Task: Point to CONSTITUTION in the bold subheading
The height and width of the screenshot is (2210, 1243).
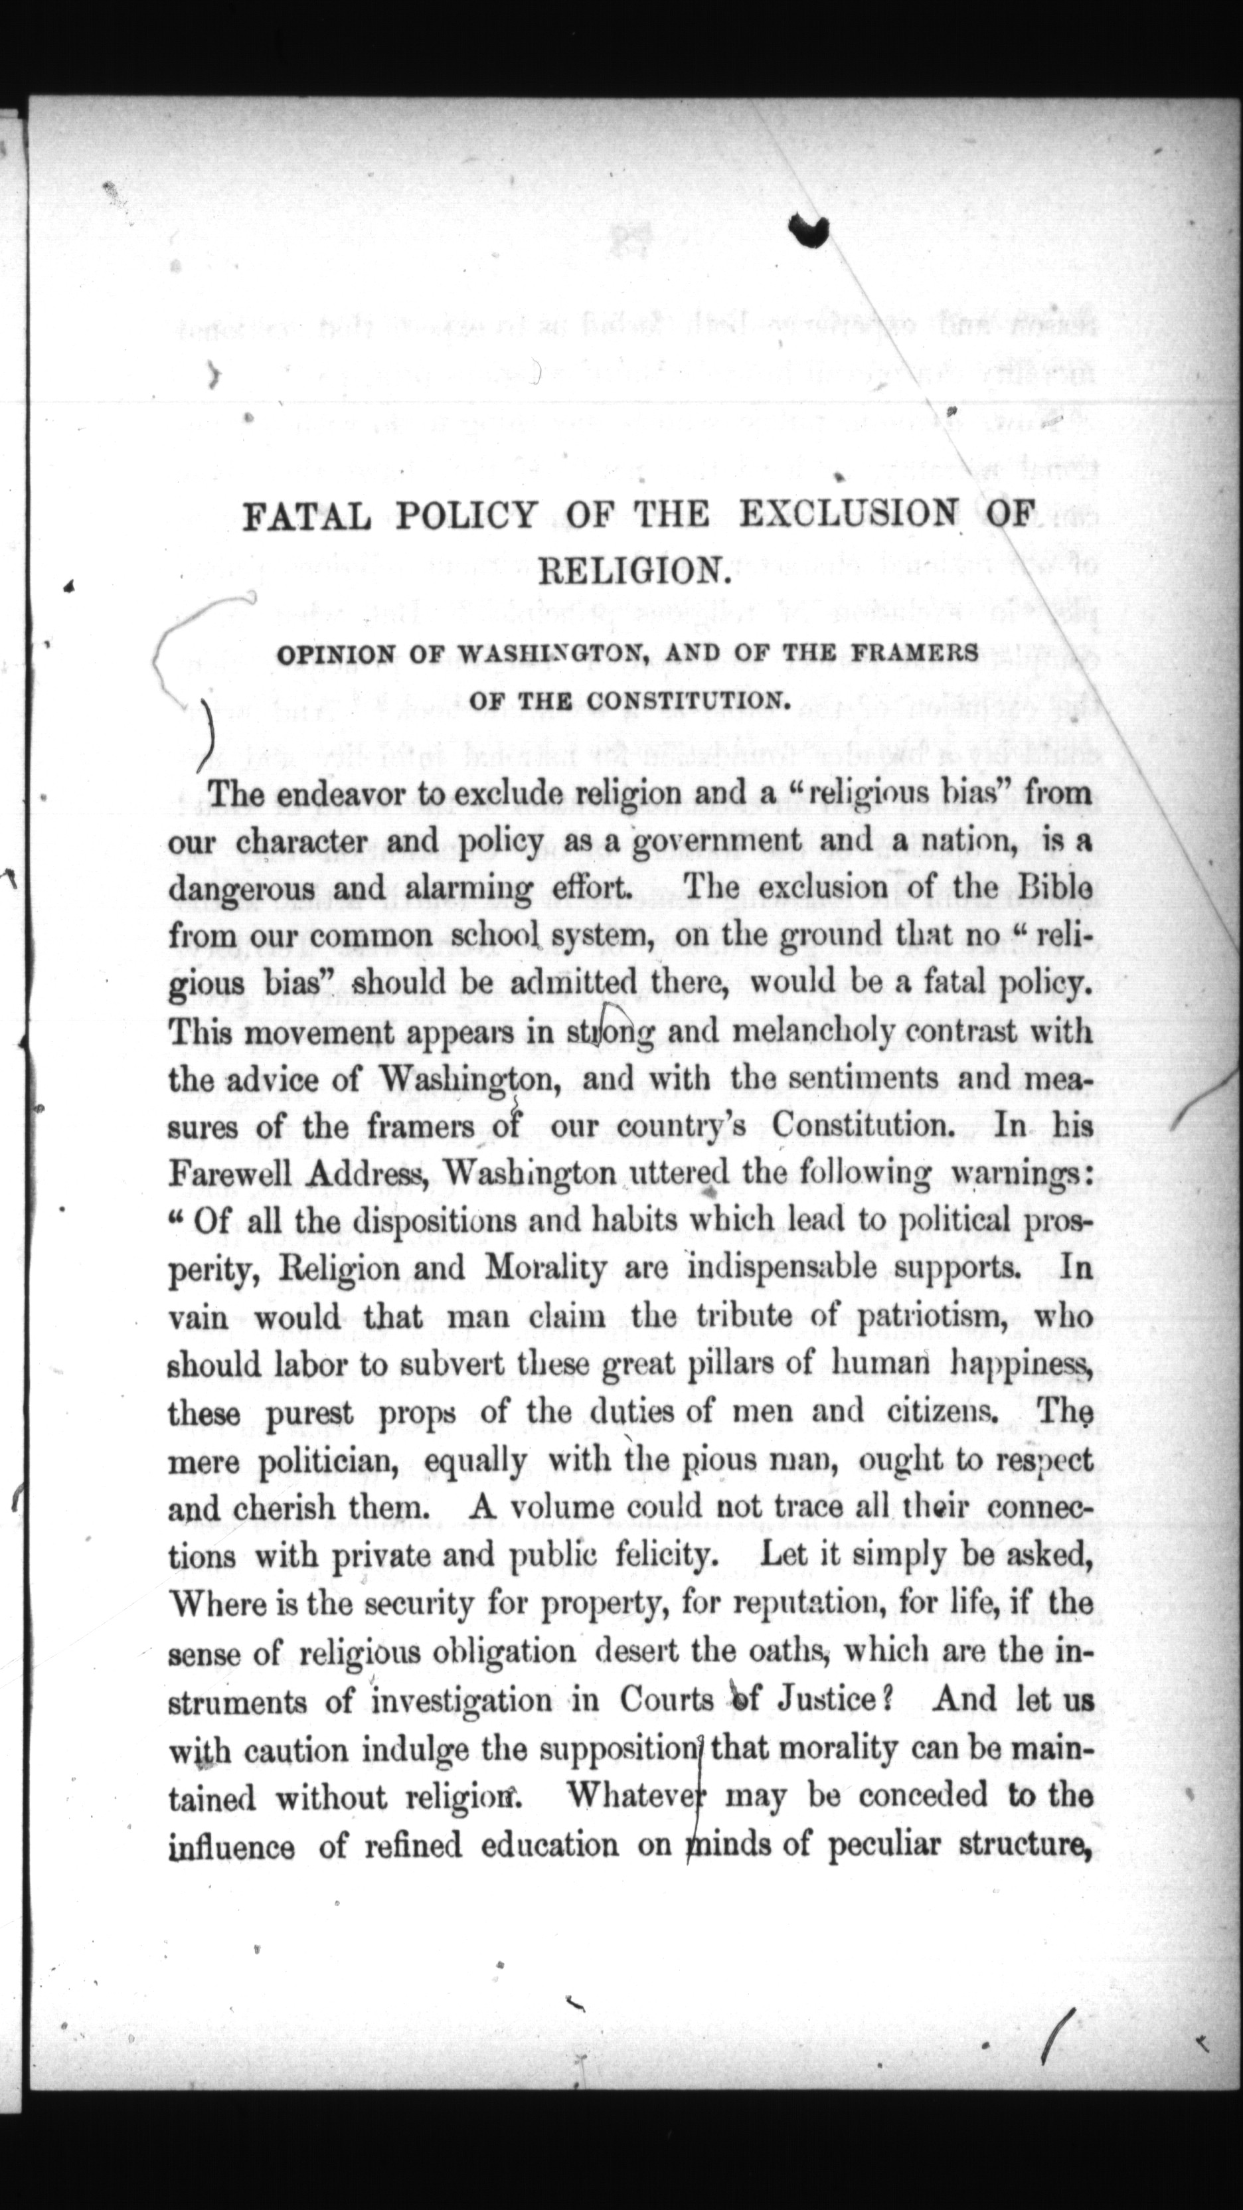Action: point(689,701)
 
